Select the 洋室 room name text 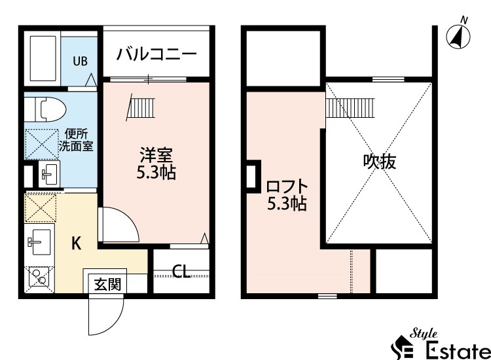(156, 156)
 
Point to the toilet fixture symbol (43, 108)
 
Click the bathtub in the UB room (43, 58)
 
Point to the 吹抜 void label (380, 161)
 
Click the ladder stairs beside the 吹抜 (349, 106)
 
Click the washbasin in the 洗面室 (48, 174)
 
